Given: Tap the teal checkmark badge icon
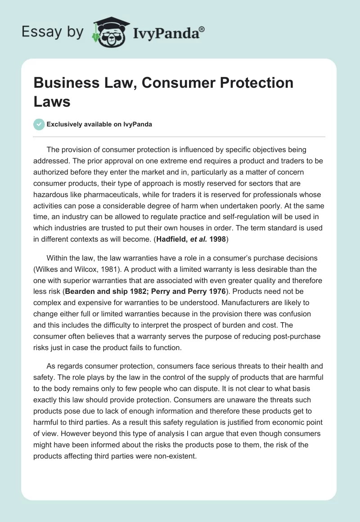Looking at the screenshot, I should [x=39, y=124].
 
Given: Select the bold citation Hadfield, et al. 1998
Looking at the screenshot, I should [x=191, y=240].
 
